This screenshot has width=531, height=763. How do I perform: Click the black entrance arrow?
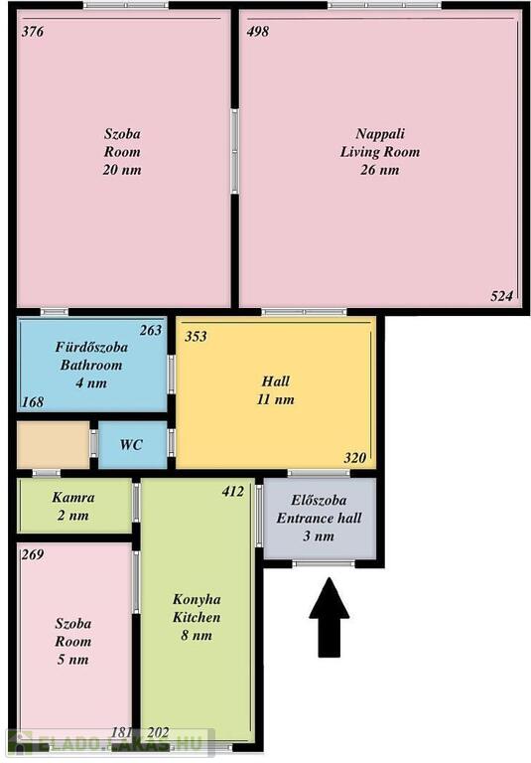pyautogui.click(x=330, y=617)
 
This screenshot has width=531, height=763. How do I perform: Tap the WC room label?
pyautogui.click(x=131, y=445)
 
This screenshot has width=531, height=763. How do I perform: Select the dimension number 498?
pyautogui.click(x=258, y=32)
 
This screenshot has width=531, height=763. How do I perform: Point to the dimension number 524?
pyautogui.click(x=502, y=296)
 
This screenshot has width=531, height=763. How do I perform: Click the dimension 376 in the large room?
pyautogui.click(x=33, y=32)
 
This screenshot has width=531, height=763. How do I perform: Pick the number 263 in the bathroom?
pyautogui.click(x=151, y=331)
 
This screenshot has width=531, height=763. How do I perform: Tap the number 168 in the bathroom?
pyautogui.click(x=33, y=402)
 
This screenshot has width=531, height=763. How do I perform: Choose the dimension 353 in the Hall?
pyautogui.click(x=196, y=336)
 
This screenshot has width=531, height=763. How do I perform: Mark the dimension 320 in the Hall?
pyautogui.click(x=355, y=458)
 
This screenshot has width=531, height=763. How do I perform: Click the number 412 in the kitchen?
pyautogui.click(x=233, y=492)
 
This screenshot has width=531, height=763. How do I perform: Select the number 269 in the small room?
pyautogui.click(x=33, y=554)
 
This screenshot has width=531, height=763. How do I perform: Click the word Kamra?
pyautogui.click(x=73, y=498)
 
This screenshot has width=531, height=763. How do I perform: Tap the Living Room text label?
pyautogui.click(x=380, y=152)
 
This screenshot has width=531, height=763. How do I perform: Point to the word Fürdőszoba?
pyautogui.click(x=91, y=347)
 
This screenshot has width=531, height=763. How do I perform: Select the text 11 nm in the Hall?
pyautogui.click(x=276, y=399)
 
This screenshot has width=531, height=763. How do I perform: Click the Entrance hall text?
pyautogui.click(x=319, y=518)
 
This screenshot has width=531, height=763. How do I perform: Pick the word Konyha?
pyautogui.click(x=197, y=599)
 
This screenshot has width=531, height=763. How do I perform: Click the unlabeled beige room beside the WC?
pyautogui.click(x=53, y=445)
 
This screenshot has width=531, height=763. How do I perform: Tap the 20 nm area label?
pyautogui.click(x=122, y=170)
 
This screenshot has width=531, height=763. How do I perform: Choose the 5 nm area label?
pyautogui.click(x=72, y=660)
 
